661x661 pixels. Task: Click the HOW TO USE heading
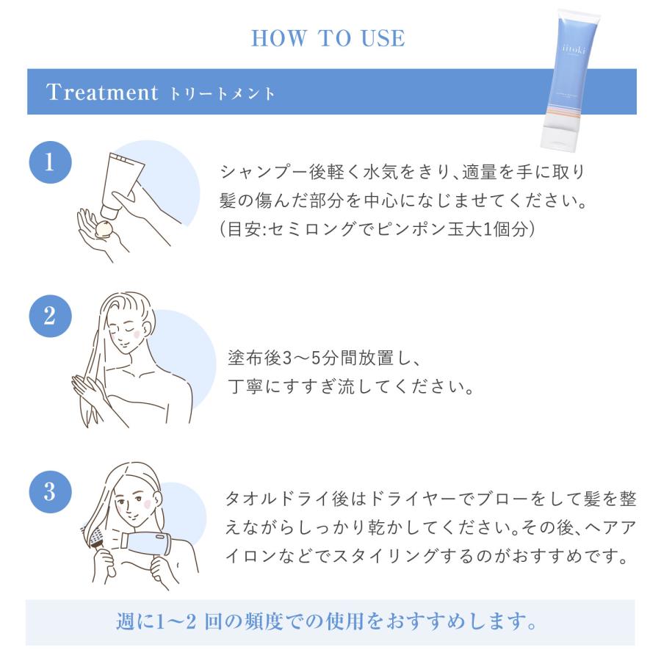pyautogui.click(x=328, y=38)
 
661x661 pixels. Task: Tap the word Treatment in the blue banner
pyautogui.click(x=102, y=93)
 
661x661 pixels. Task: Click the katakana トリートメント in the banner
pyautogui.click(x=223, y=95)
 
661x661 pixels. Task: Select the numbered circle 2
pyautogui.click(x=49, y=317)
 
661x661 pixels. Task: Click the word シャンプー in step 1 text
pyautogui.click(x=257, y=172)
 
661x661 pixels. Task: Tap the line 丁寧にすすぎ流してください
pyautogui.click(x=349, y=386)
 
